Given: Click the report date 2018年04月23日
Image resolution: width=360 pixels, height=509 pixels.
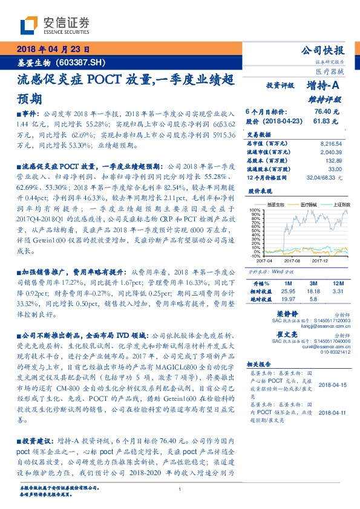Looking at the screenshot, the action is click(50, 49).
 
